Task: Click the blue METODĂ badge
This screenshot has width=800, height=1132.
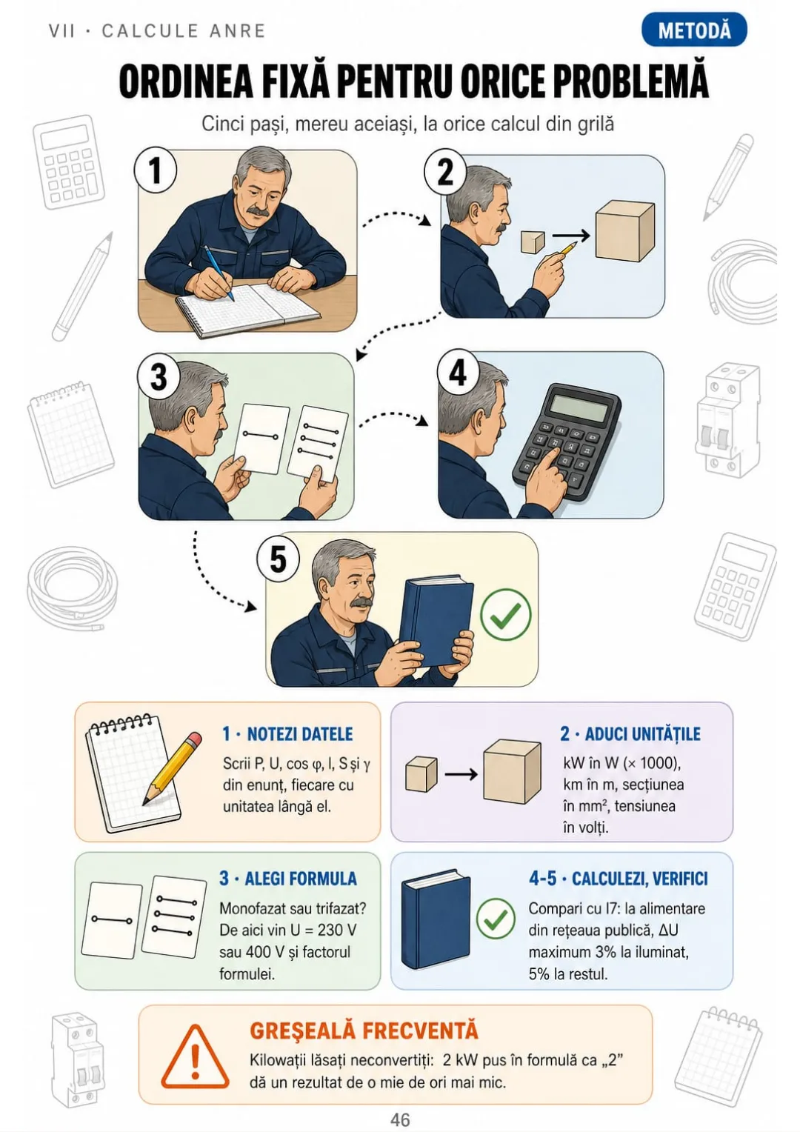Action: [694, 30]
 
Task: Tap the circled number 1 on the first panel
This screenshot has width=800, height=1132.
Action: [156, 171]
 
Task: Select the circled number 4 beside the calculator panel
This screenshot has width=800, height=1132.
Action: [458, 374]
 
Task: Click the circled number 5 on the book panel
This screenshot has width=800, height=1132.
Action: [279, 559]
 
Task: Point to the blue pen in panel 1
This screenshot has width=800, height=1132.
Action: [219, 273]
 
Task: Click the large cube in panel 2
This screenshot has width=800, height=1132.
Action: [624, 230]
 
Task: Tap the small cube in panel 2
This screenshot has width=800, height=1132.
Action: [532, 242]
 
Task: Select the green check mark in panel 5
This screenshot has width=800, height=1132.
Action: [505, 614]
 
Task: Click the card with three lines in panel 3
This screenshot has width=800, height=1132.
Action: [317, 444]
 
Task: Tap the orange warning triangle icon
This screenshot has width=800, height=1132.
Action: [195, 1056]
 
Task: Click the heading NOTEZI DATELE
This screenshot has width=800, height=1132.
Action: [287, 733]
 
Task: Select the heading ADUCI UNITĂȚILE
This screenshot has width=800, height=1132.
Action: [630, 733]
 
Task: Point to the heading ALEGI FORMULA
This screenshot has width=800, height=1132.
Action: [288, 879]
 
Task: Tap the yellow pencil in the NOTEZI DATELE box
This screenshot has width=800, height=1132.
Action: [172, 768]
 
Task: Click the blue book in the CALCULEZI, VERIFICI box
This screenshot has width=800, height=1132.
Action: [436, 920]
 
